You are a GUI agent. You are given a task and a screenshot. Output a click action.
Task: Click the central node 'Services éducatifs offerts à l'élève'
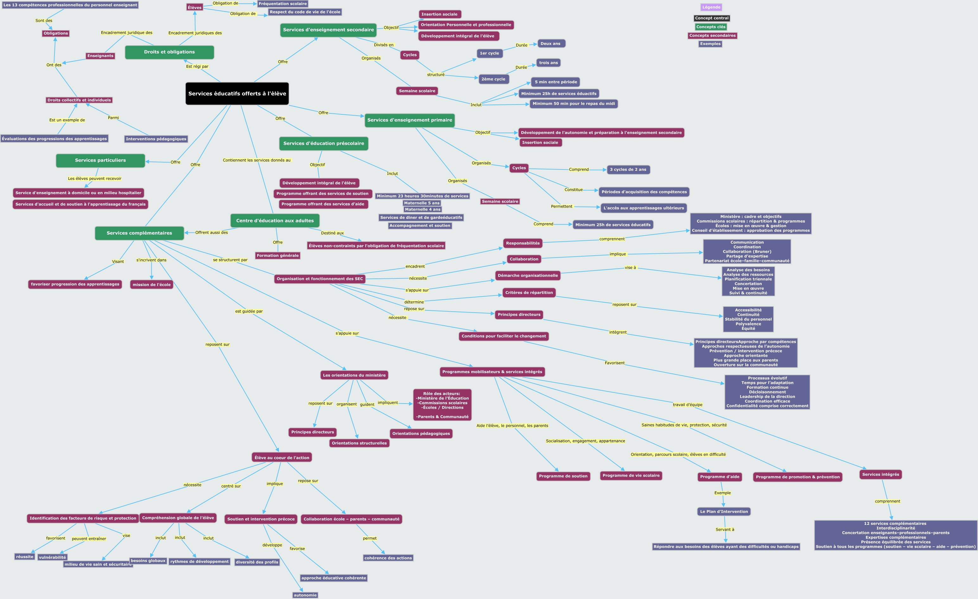[237, 94]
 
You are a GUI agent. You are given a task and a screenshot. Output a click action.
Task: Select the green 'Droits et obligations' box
[169, 52]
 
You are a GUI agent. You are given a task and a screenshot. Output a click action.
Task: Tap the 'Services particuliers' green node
[100, 160]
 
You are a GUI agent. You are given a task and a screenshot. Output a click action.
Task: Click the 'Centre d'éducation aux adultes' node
[275, 221]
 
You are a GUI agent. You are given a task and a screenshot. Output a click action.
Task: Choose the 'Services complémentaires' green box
[139, 233]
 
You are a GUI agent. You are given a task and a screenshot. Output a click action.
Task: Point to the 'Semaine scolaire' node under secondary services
[417, 91]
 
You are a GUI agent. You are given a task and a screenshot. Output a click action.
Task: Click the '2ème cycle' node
[493, 79]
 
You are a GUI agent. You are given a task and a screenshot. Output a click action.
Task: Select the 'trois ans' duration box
[548, 63]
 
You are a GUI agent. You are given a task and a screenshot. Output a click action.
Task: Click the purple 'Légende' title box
[711, 7]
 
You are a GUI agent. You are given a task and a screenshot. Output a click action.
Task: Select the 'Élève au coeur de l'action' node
[282, 458]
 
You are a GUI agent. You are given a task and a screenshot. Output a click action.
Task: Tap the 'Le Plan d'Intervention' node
[724, 512]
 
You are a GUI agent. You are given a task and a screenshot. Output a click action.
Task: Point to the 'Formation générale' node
[277, 256]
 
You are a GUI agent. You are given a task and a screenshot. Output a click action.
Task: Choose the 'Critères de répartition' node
[529, 293]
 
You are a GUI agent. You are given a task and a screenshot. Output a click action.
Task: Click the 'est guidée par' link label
[249, 311]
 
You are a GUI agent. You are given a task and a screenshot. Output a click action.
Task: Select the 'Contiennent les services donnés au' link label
[257, 160]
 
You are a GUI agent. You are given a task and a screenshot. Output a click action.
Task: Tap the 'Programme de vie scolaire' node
[631, 475]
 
